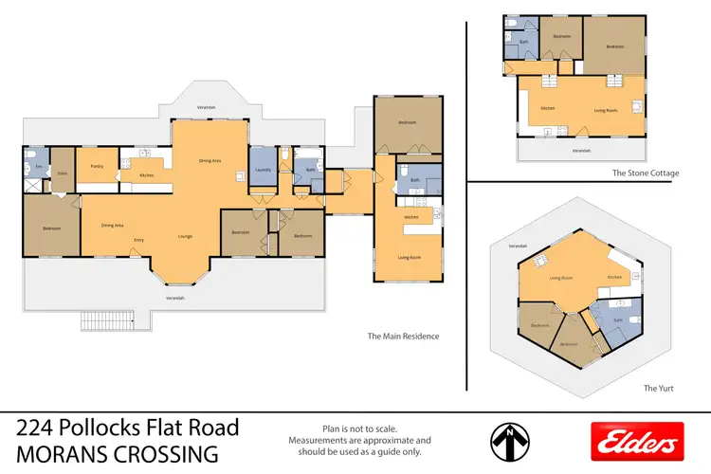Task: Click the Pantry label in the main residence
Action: click(x=97, y=166)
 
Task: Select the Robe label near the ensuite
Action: click(x=62, y=173)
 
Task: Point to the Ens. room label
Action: click(x=38, y=168)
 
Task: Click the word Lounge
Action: click(x=186, y=236)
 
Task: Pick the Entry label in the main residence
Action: click(x=138, y=240)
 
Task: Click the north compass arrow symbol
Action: click(x=509, y=440)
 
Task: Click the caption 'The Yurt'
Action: click(x=658, y=389)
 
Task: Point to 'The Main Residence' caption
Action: click(x=403, y=336)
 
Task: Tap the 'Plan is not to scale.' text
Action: click(x=359, y=428)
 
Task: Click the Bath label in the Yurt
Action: click(x=618, y=320)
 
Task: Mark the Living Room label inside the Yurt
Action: click(x=563, y=278)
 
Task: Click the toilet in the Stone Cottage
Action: click(x=511, y=22)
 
